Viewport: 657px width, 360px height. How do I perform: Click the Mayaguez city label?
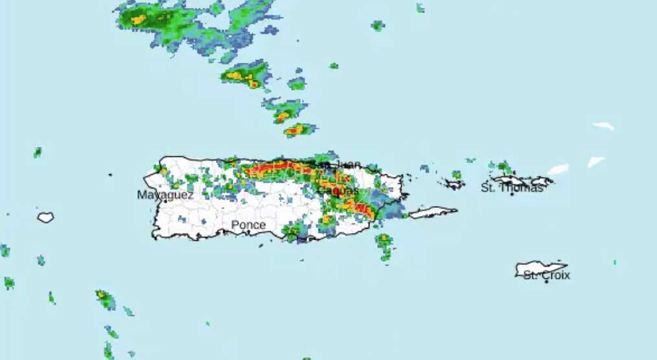(165, 194)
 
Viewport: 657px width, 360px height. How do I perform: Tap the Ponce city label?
(248, 225)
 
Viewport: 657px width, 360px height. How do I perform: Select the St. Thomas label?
(511, 188)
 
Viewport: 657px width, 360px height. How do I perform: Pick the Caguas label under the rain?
(338, 192)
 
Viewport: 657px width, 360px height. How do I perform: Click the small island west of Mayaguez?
(45, 218)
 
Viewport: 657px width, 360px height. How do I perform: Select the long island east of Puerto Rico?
(433, 212)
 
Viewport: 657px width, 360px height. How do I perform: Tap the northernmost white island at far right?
(603, 126)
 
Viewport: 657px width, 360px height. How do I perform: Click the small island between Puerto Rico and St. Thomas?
(455, 185)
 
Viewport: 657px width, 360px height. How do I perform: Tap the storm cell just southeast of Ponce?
(295, 231)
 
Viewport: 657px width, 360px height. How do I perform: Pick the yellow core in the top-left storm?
(139, 20)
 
